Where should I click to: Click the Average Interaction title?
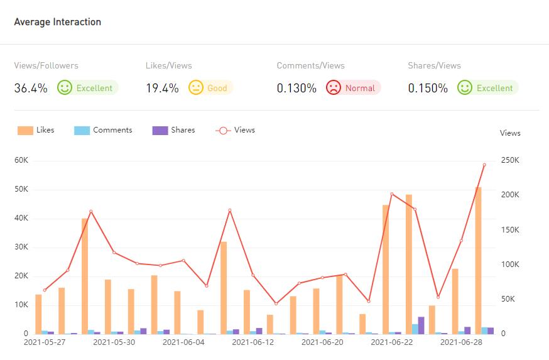point(58,22)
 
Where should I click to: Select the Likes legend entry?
point(36,130)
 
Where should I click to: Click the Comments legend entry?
point(104,130)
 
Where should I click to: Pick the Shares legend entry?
point(174,130)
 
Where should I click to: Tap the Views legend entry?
point(236,130)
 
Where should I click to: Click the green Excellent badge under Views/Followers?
point(87,88)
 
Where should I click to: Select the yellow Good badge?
point(210,88)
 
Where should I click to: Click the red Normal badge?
point(353,88)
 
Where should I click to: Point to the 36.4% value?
point(31,88)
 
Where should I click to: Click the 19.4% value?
point(162,88)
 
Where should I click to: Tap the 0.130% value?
point(296,88)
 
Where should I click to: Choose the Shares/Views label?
point(434,65)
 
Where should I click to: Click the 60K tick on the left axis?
point(21,160)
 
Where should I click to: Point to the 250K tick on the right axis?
point(509,160)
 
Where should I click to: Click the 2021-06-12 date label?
point(253,342)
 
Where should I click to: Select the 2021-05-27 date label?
point(45,342)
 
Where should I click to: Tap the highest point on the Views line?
point(484,165)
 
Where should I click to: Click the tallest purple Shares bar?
point(421,325)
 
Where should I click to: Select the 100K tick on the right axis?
point(509,265)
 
